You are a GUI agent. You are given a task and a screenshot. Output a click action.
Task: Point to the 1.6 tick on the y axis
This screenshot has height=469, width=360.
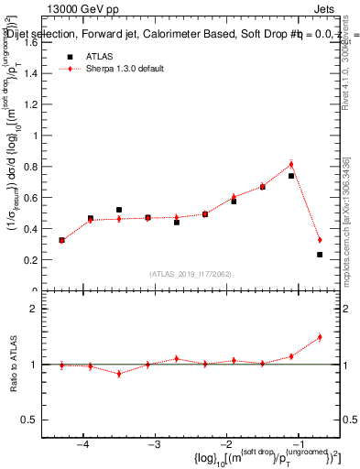(x=36, y=42)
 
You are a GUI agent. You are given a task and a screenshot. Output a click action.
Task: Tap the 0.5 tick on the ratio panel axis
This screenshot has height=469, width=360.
(x=36, y=420)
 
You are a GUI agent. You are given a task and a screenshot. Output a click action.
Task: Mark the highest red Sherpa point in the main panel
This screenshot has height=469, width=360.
(x=291, y=165)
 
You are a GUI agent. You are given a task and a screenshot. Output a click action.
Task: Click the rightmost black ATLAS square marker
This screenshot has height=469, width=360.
(x=320, y=255)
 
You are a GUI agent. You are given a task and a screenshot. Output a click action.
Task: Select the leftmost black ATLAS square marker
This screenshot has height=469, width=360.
(x=61, y=240)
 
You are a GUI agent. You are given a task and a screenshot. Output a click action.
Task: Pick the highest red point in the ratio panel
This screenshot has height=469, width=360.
(x=320, y=337)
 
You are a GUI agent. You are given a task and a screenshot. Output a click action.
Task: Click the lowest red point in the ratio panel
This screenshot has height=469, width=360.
(x=119, y=374)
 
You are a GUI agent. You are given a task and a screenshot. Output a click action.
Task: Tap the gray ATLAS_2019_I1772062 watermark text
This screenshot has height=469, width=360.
(x=190, y=274)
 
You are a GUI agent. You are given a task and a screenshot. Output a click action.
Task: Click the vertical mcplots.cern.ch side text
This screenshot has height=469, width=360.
(x=351, y=220)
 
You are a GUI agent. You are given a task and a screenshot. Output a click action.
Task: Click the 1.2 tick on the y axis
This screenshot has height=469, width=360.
(x=36, y=104)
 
